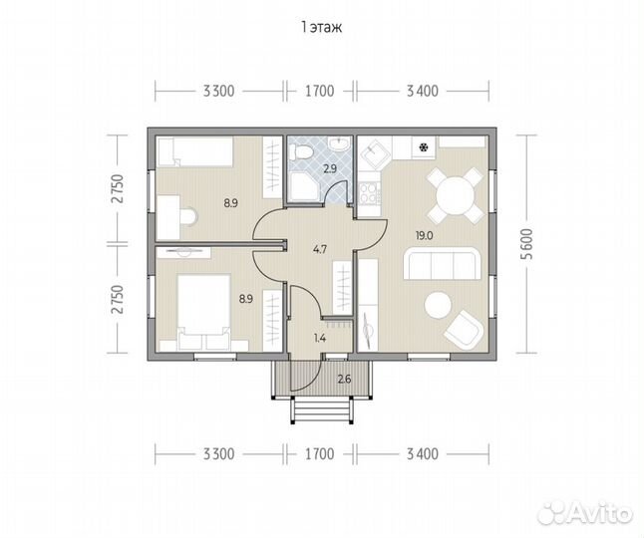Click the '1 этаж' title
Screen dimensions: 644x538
[322, 28]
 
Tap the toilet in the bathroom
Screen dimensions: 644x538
[300, 152]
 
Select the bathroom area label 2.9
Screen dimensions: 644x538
[330, 168]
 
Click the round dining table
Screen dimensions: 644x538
[455, 195]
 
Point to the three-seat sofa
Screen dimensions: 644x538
[442, 263]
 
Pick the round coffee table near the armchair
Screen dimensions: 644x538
[438, 305]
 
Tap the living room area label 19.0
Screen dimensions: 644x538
[424, 236]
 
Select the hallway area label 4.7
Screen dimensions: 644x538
[320, 249]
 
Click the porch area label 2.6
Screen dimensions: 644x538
[344, 380]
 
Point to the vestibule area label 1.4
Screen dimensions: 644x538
[320, 339]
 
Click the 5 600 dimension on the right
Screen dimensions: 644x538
[527, 244]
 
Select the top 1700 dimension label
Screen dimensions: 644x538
[320, 91]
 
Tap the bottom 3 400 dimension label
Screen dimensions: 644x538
[423, 454]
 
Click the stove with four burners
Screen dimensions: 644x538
[369, 192]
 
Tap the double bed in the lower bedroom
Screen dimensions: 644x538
[203, 312]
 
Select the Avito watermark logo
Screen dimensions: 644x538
[585, 512]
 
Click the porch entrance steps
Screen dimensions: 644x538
[322, 409]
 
